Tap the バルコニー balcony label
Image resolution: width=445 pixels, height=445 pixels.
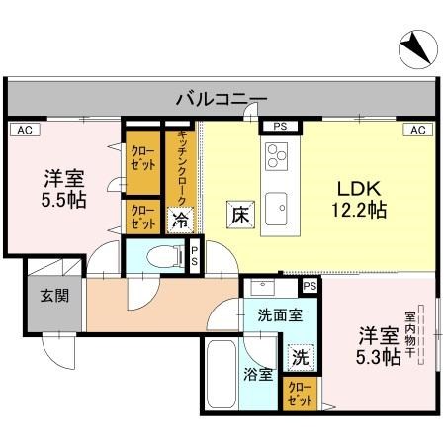click(x=222, y=98)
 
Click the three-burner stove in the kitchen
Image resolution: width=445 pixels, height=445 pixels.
click(x=275, y=155)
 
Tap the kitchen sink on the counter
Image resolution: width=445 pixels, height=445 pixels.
click(x=276, y=206)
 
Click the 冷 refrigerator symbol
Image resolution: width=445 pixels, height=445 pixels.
click(x=180, y=220)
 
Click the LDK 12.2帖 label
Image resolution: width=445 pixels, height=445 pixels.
click(x=357, y=198)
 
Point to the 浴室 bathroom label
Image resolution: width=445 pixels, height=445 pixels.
click(x=258, y=374)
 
